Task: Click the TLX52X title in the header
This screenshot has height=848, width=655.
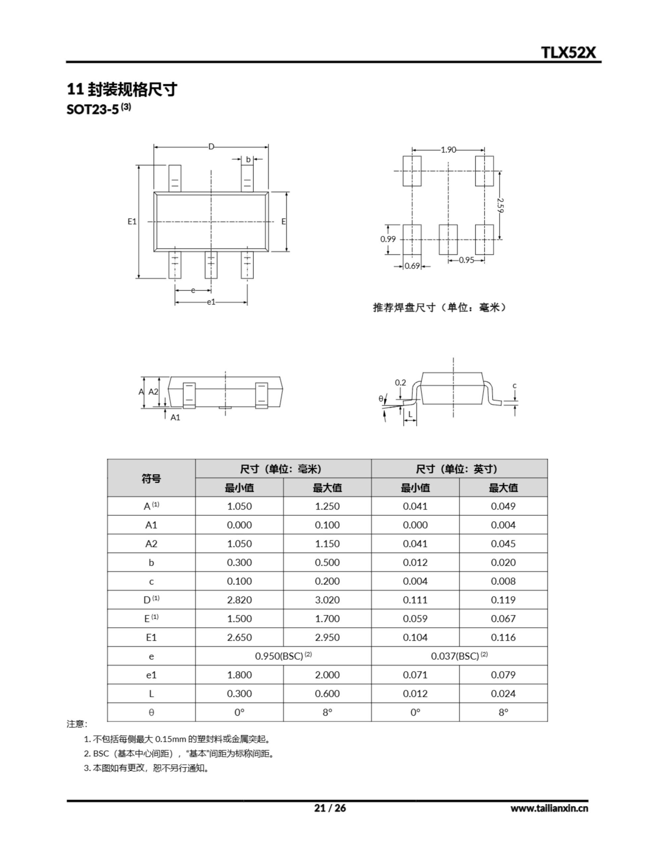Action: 568,52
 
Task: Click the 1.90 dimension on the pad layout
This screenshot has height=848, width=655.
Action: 448,150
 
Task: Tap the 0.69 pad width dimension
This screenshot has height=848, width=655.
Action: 412,266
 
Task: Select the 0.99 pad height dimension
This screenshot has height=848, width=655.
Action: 388,239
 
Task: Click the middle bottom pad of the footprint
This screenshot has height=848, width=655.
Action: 448,239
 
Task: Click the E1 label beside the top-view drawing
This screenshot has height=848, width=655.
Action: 132,221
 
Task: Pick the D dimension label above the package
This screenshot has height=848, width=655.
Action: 211,146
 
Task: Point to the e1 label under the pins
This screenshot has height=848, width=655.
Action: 211,302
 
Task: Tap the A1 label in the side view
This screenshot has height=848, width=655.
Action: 176,417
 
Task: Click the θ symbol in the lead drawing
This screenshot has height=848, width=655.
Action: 381,398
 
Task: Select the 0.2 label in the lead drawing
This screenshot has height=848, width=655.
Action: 400,383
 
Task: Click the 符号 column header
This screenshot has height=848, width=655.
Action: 151,478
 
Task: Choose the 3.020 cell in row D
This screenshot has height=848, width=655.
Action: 327,600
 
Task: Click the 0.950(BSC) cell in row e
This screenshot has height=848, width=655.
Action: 283,656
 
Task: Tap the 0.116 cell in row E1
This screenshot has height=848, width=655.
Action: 503,637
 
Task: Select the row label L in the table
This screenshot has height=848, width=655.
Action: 151,693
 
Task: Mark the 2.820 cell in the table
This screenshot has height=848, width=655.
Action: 239,600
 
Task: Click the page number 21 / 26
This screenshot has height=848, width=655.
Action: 329,808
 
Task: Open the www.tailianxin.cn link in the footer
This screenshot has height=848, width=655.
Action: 549,808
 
